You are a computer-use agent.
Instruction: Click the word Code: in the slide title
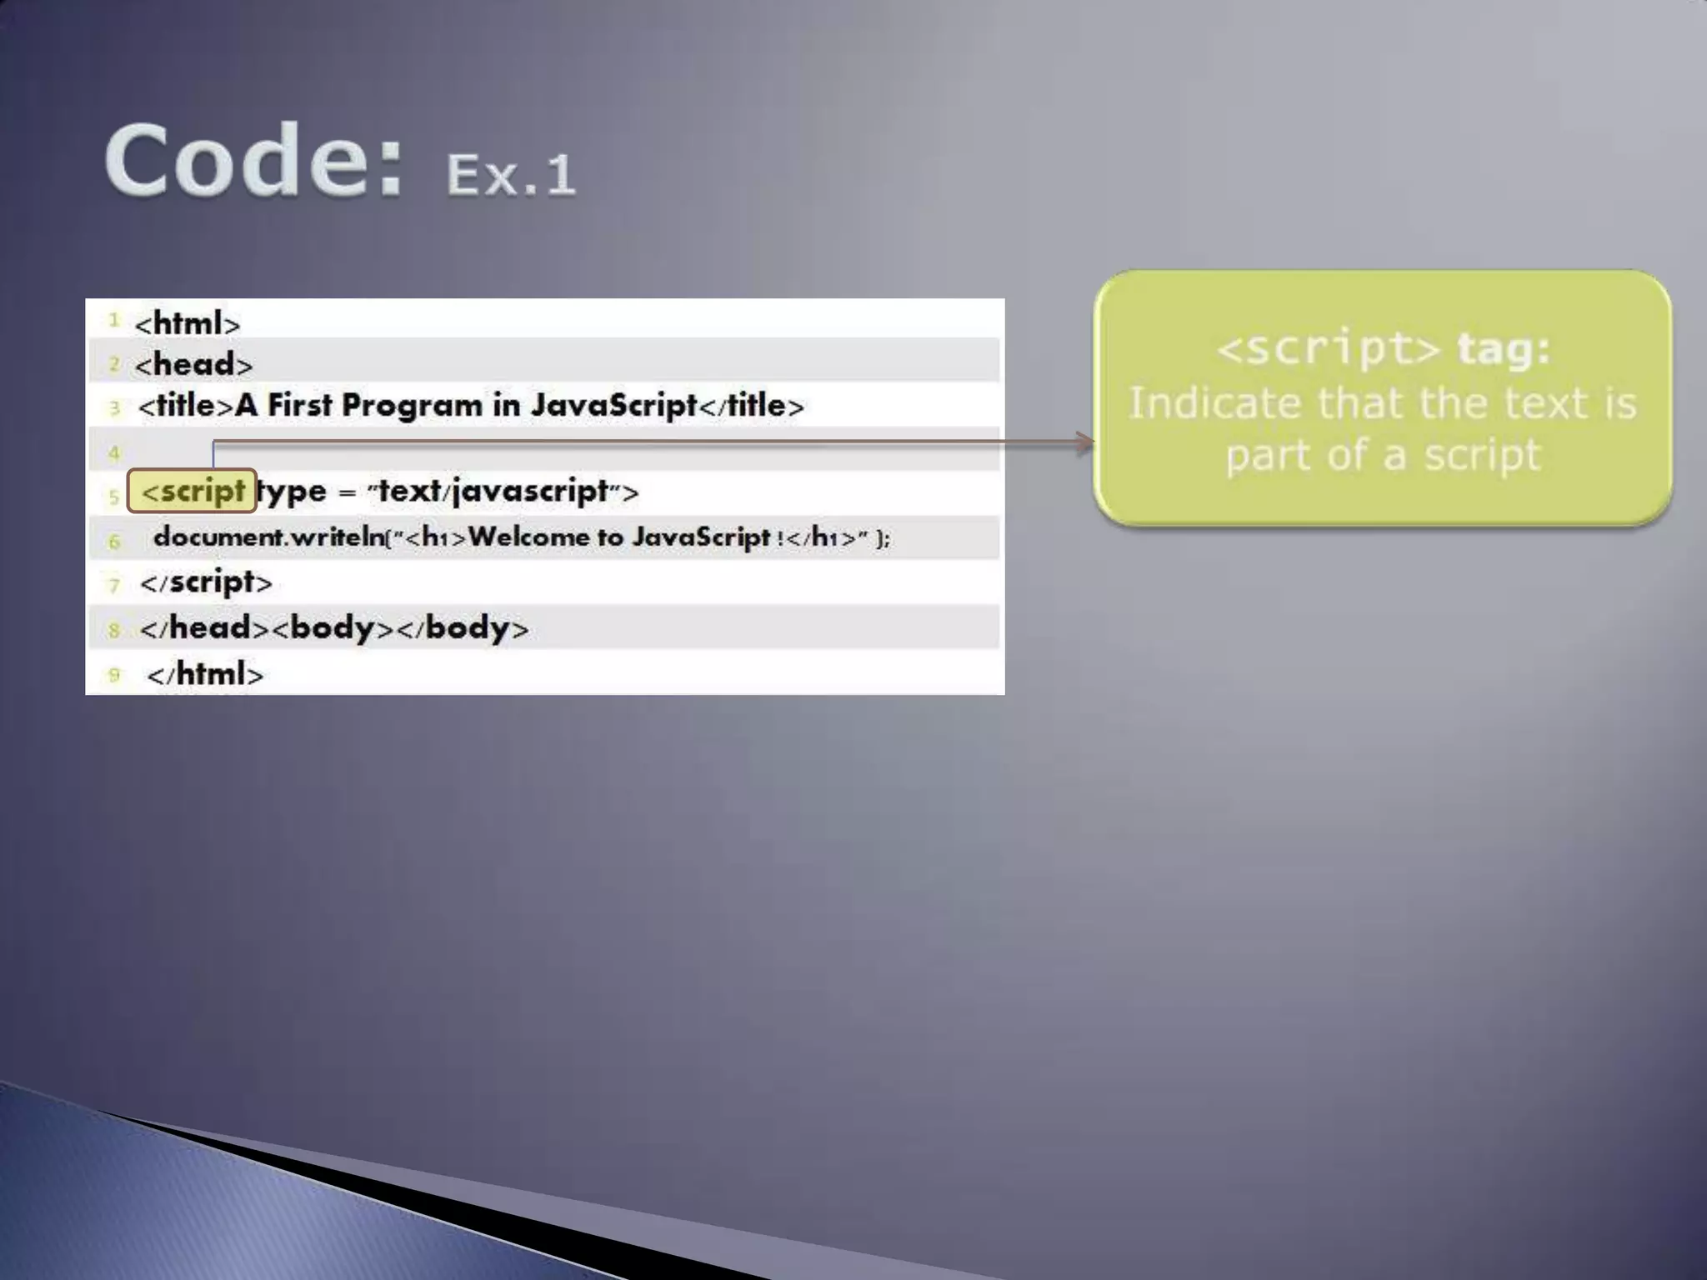253,160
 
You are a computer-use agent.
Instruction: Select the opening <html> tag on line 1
188,323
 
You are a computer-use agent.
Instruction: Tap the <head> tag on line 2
193,364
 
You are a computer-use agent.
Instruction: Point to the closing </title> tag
750,406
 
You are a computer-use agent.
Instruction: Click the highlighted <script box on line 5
192,491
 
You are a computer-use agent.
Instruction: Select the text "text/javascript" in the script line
493,491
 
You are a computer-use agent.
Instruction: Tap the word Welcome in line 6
528,537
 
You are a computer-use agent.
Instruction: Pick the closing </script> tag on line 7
206,582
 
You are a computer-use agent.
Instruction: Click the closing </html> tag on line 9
205,673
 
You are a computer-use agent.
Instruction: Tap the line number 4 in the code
114,453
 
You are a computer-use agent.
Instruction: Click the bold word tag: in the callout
1504,348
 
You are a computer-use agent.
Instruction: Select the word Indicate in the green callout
1214,403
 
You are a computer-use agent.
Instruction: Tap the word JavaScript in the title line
613,406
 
